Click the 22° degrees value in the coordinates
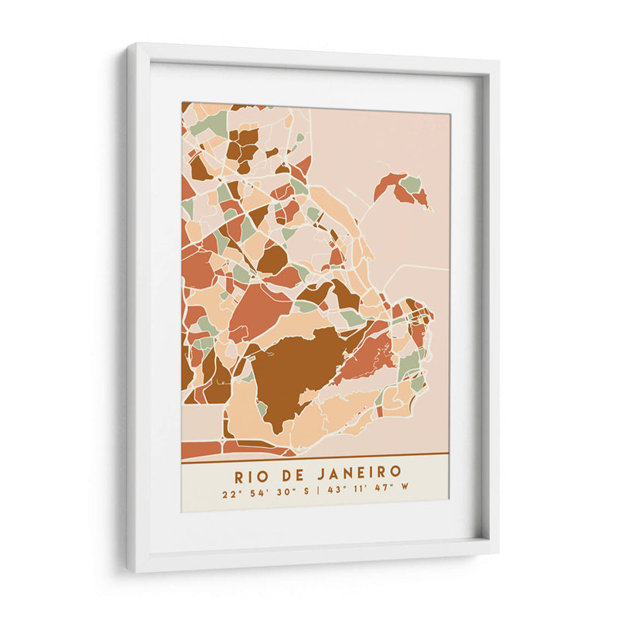click(x=229, y=492)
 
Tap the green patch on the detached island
click(x=411, y=184)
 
